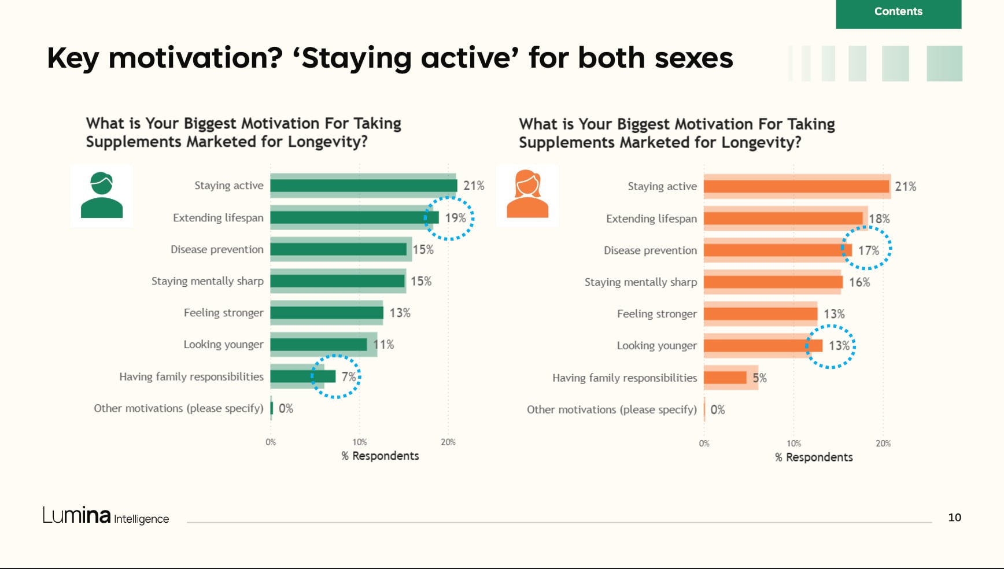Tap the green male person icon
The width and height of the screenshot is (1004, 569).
pyautogui.click(x=102, y=195)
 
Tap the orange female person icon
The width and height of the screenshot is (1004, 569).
pyautogui.click(x=527, y=195)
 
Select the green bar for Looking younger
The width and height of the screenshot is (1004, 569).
pyautogui.click(x=319, y=345)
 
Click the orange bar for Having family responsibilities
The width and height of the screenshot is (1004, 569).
pyautogui.click(x=725, y=378)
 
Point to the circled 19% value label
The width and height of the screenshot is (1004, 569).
pyautogui.click(x=455, y=218)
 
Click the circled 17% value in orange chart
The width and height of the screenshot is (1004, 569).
pyautogui.click(x=868, y=250)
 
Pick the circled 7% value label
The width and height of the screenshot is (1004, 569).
pyautogui.click(x=348, y=377)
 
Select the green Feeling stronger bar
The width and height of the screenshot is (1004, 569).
pyautogui.click(x=327, y=313)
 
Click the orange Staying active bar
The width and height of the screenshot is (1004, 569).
pyautogui.click(x=796, y=186)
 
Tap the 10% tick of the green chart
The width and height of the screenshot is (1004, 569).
pyautogui.click(x=360, y=442)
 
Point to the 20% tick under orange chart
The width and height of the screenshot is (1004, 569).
pyautogui.click(x=883, y=444)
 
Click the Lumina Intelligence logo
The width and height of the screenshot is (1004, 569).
pyautogui.click(x=106, y=515)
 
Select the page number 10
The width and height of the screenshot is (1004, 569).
pyautogui.click(x=954, y=518)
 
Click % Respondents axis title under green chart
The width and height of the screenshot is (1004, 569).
pyautogui.click(x=380, y=456)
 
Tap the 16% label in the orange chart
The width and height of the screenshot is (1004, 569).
pyautogui.click(x=859, y=282)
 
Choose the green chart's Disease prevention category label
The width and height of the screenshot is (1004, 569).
pyautogui.click(x=217, y=249)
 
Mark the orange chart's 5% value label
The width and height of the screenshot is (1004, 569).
pyautogui.click(x=759, y=378)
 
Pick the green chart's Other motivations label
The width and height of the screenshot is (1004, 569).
pyautogui.click(x=178, y=408)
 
